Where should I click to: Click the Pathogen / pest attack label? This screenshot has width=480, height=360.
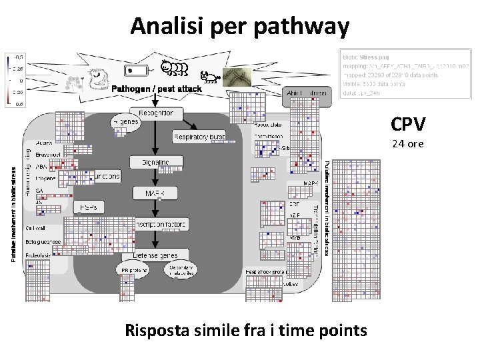[x=156, y=90]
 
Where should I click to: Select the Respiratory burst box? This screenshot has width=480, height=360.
[x=199, y=137]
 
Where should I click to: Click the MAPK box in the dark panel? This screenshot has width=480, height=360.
[x=155, y=193]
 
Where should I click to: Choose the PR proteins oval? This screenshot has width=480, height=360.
[x=134, y=270]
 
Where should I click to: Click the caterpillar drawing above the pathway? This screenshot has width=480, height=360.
[x=175, y=68]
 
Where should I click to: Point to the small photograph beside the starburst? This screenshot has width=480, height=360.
[x=237, y=78]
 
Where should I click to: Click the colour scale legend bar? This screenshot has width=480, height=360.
[x=7, y=80]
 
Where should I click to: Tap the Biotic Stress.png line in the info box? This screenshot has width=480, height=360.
[x=370, y=57]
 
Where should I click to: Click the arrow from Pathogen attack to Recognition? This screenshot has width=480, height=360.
[x=155, y=100]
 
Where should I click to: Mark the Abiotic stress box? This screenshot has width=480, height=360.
[x=306, y=93]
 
